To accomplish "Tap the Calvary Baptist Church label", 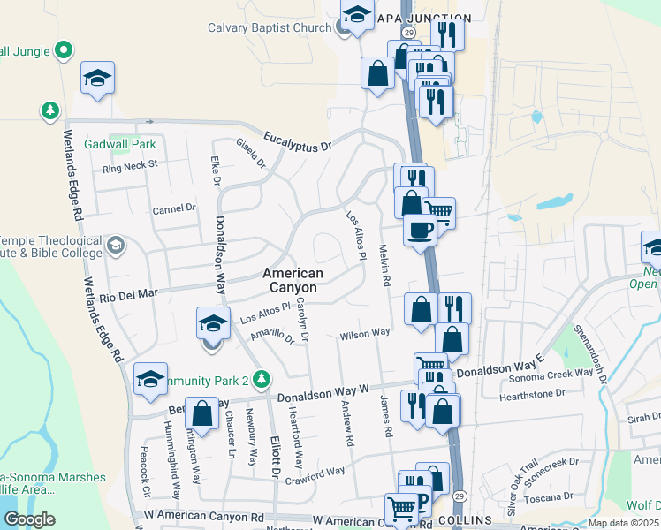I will [269, 27].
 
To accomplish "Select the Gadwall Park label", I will [119, 144].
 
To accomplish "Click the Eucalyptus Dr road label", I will [302, 145].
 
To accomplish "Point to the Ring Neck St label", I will [129, 164].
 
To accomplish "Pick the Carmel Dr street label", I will [173, 208].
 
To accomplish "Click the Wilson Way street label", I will [365, 333].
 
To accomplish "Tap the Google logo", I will [29, 519].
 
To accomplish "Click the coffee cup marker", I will [419, 231].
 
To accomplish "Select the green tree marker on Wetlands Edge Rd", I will [50, 110].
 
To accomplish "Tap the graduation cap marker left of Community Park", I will [150, 379].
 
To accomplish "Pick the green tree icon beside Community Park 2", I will [260, 380].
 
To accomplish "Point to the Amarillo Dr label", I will [271, 336].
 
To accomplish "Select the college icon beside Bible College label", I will [115, 244].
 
